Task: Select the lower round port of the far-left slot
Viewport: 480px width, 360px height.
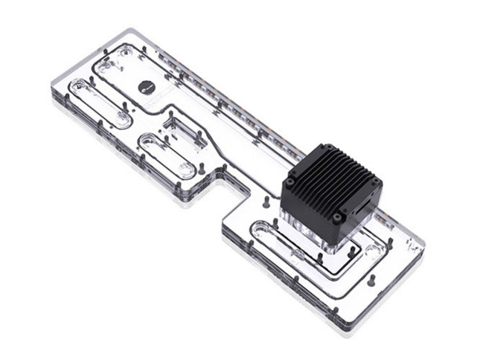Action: (x=121, y=121)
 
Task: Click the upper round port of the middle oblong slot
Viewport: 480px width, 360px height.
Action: (x=149, y=141)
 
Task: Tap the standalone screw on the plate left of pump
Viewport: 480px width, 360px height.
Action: (x=266, y=200)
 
